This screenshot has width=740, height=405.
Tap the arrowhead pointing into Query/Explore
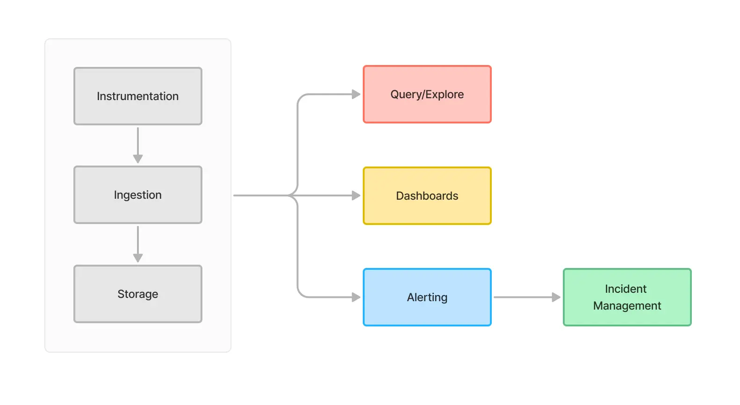[356, 94]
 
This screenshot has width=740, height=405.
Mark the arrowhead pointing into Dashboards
[356, 195]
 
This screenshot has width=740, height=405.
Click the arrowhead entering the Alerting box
[356, 297]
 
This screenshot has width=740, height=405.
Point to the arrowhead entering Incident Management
[556, 297]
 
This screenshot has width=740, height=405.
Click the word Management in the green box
[627, 306]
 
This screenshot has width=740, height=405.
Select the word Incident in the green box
[625, 289]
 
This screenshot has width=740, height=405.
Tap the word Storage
[137, 294]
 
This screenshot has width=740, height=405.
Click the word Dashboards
[427, 196]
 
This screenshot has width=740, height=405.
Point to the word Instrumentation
[137, 96]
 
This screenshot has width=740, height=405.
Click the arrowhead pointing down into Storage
[137, 258]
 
